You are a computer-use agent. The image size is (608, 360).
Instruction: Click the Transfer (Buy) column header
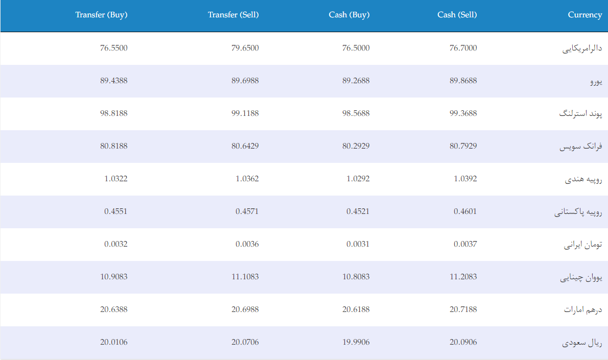(101, 15)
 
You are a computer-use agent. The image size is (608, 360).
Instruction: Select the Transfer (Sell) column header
(233, 15)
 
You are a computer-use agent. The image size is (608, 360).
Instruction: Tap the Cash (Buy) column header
(349, 15)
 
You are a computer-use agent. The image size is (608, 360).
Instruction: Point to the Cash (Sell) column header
(457, 15)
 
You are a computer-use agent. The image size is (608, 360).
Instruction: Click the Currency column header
(584, 15)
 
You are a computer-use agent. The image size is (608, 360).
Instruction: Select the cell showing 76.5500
(113, 48)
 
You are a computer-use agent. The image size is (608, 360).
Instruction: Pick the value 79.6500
(245, 48)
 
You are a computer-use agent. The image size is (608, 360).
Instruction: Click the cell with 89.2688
(356, 81)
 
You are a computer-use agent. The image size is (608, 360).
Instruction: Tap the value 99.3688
(463, 113)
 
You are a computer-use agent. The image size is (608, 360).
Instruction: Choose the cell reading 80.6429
(245, 146)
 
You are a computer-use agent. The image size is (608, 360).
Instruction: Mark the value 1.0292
(358, 179)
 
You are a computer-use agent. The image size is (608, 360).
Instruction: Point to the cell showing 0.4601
(465, 211)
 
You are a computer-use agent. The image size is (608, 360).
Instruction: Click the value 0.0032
(116, 244)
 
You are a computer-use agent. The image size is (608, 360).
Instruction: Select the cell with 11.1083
(245, 277)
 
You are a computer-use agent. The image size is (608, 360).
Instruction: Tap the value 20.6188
(356, 309)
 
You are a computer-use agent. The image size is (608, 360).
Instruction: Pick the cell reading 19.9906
(356, 342)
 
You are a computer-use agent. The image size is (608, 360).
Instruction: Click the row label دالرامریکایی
(582, 49)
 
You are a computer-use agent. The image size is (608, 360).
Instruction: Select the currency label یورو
(596, 81)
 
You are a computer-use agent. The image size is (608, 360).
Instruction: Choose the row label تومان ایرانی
(583, 245)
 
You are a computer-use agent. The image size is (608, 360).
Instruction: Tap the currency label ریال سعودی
(582, 343)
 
